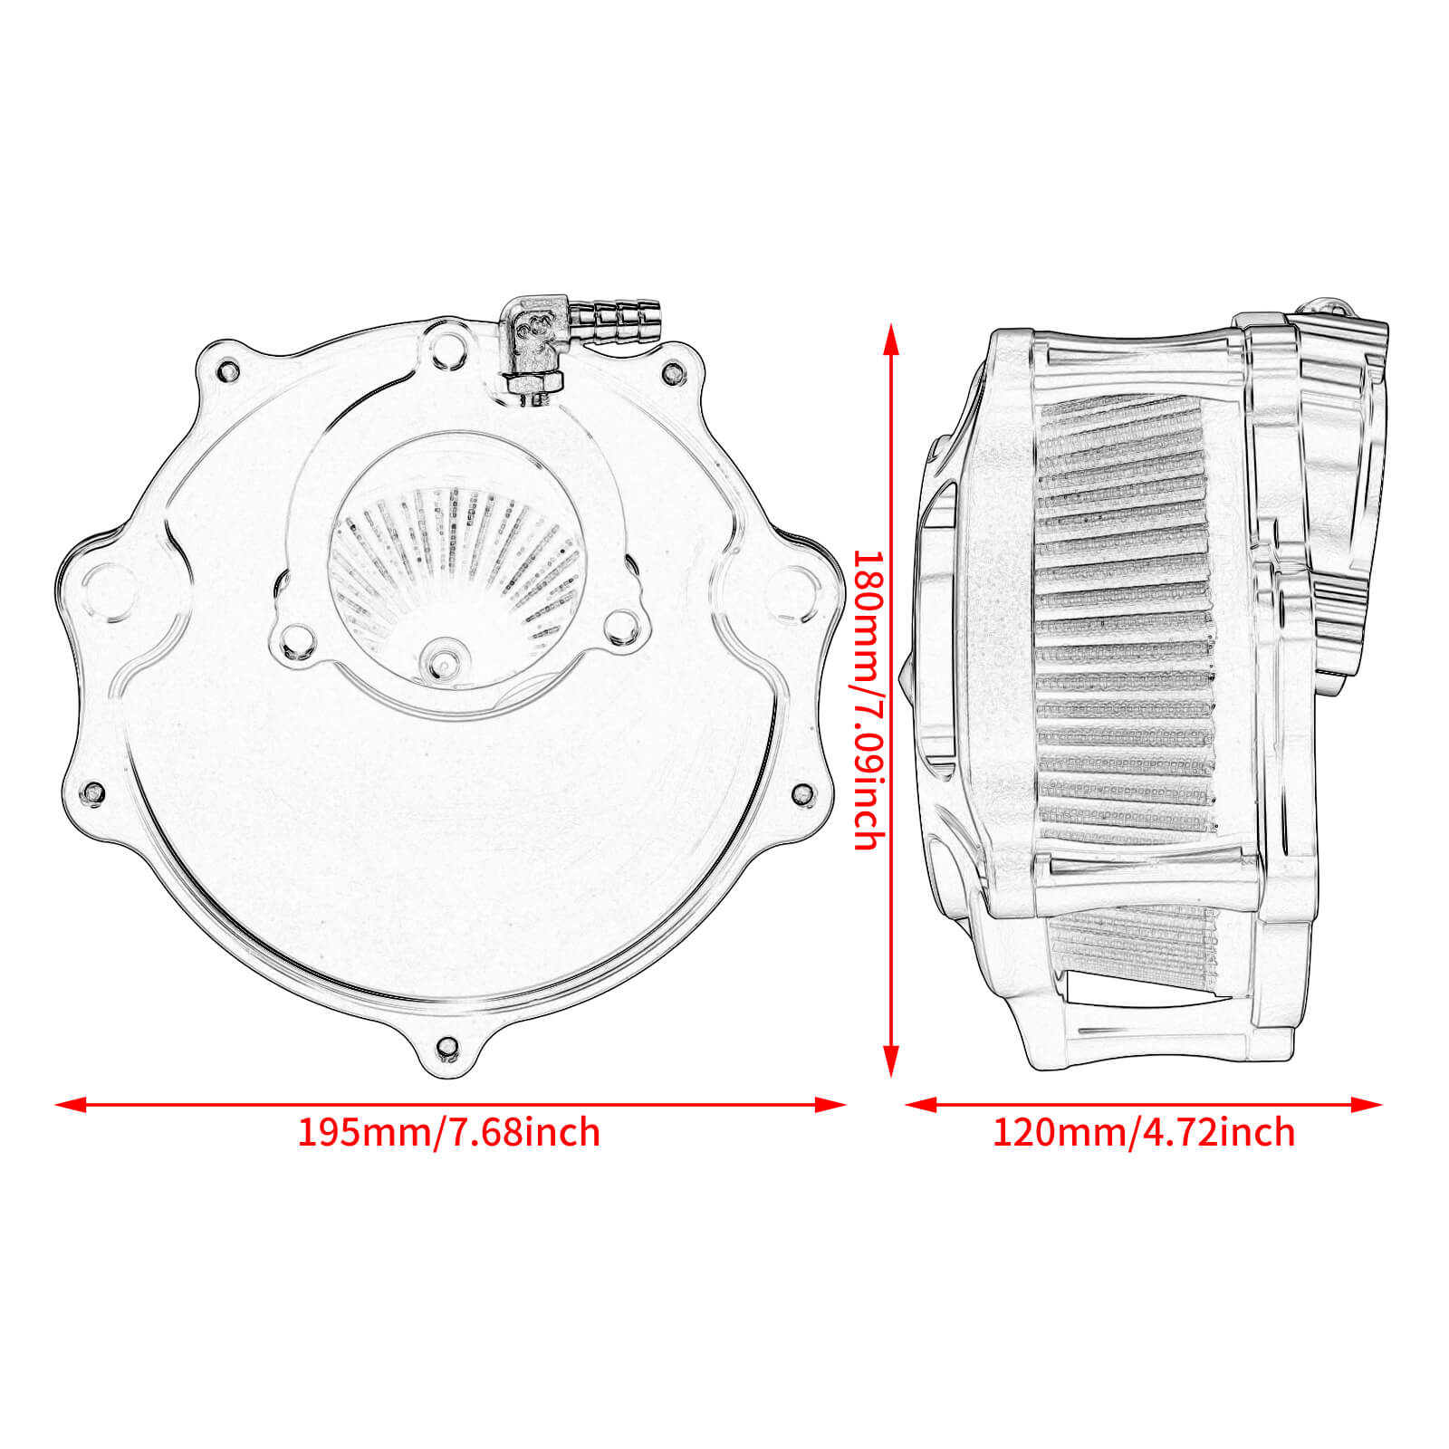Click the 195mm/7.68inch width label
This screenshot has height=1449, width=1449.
click(x=448, y=1133)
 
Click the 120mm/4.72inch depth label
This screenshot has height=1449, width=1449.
click(x=1143, y=1133)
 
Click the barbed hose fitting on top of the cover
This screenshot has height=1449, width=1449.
click(x=625, y=317)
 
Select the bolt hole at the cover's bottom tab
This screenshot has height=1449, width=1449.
click(x=446, y=1048)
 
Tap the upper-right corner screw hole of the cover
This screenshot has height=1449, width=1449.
click(x=672, y=371)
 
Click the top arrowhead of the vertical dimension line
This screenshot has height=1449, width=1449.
click(x=892, y=340)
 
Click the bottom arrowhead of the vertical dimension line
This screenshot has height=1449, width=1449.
click(x=892, y=1061)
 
